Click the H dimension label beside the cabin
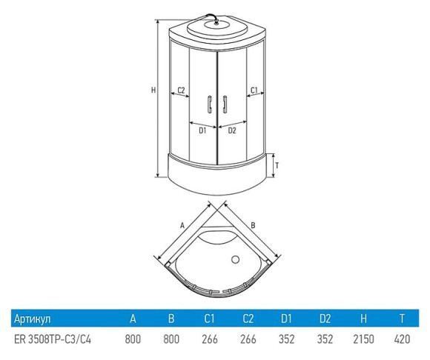[153, 90]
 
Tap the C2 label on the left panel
[181, 90]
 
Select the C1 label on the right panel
[254, 90]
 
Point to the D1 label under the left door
[202, 130]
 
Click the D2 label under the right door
[232, 130]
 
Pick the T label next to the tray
[277, 166]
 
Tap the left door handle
[210, 104]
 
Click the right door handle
[225, 104]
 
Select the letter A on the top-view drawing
[182, 226]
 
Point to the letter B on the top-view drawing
[253, 225]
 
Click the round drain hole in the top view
[235, 259]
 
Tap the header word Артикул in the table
[33, 319]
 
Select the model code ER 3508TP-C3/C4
[53, 339]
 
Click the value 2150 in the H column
[363, 339]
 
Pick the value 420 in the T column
[402, 339]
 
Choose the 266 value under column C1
[210, 339]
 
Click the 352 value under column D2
[325, 339]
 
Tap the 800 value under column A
[133, 339]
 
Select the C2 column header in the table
[248, 319]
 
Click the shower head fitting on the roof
[216, 22]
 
